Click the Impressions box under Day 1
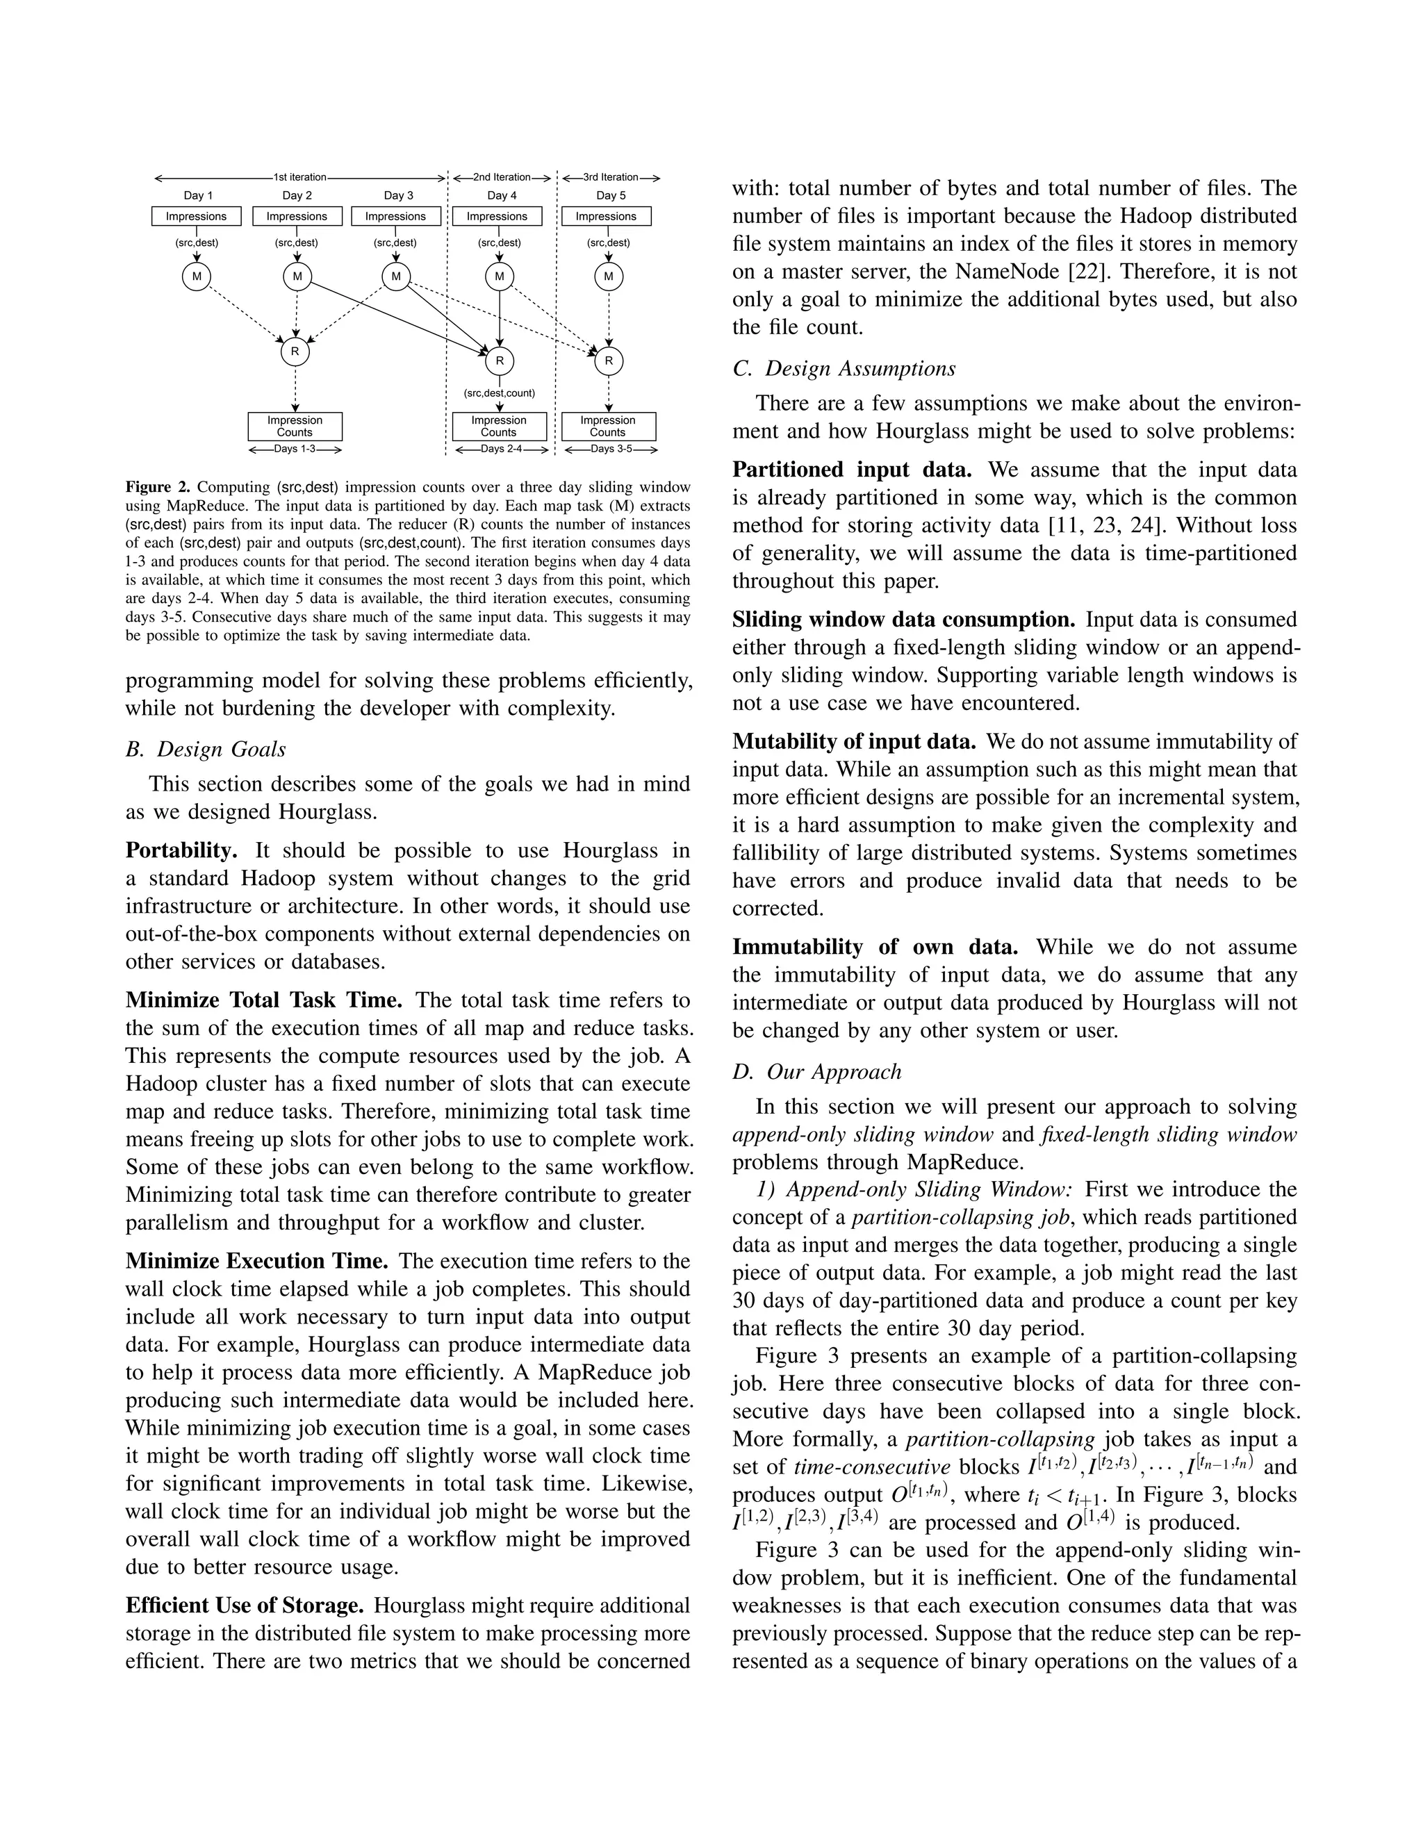pos(195,217)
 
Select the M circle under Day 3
pos(396,276)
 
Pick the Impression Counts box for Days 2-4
pos(499,427)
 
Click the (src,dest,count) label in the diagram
pos(499,393)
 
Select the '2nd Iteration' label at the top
pos(502,177)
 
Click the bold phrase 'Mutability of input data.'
pos(854,742)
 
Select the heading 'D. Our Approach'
pos(817,1071)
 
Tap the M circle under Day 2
pos(297,276)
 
